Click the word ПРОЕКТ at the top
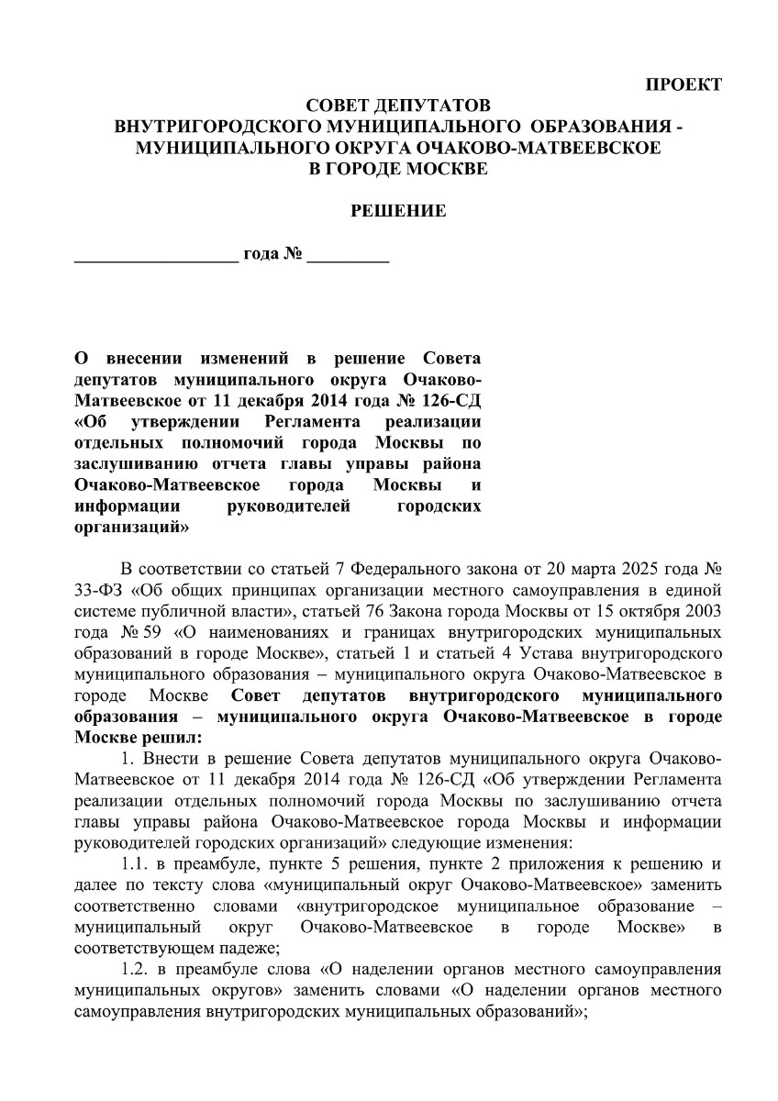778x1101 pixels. (684, 85)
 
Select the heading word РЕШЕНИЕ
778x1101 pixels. (399, 211)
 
